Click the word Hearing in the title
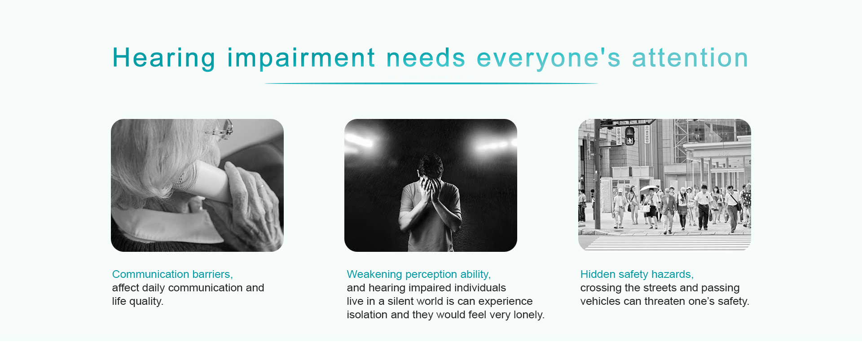[x=164, y=58]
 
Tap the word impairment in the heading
[x=301, y=58]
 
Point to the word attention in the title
[x=690, y=58]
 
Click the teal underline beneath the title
[x=431, y=83]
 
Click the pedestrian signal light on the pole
[x=630, y=136]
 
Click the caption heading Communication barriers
[x=172, y=274]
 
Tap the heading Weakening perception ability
[x=419, y=274]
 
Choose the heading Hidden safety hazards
[x=637, y=274]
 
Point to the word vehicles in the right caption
[x=600, y=301]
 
